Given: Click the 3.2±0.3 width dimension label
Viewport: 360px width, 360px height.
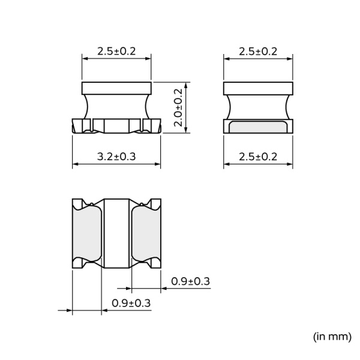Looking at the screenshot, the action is pos(116,157).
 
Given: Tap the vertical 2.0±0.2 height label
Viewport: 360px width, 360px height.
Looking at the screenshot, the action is pos(178,107).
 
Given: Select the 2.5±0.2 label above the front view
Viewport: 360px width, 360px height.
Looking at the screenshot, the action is pos(116,51).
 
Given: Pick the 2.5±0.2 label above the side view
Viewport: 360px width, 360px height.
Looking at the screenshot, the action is pos(258,52).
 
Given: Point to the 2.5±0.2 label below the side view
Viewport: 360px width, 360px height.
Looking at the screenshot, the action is pos(258,157).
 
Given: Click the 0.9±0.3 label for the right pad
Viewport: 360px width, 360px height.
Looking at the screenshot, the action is pos(191,281).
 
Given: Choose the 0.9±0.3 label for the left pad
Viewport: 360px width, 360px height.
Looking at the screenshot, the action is pos(131,303).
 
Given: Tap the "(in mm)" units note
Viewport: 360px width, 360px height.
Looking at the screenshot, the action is pos(332,337).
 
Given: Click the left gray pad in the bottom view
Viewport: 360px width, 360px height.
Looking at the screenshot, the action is pos(87,233).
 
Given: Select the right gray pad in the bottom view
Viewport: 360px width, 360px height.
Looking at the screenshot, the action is pos(146,233).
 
